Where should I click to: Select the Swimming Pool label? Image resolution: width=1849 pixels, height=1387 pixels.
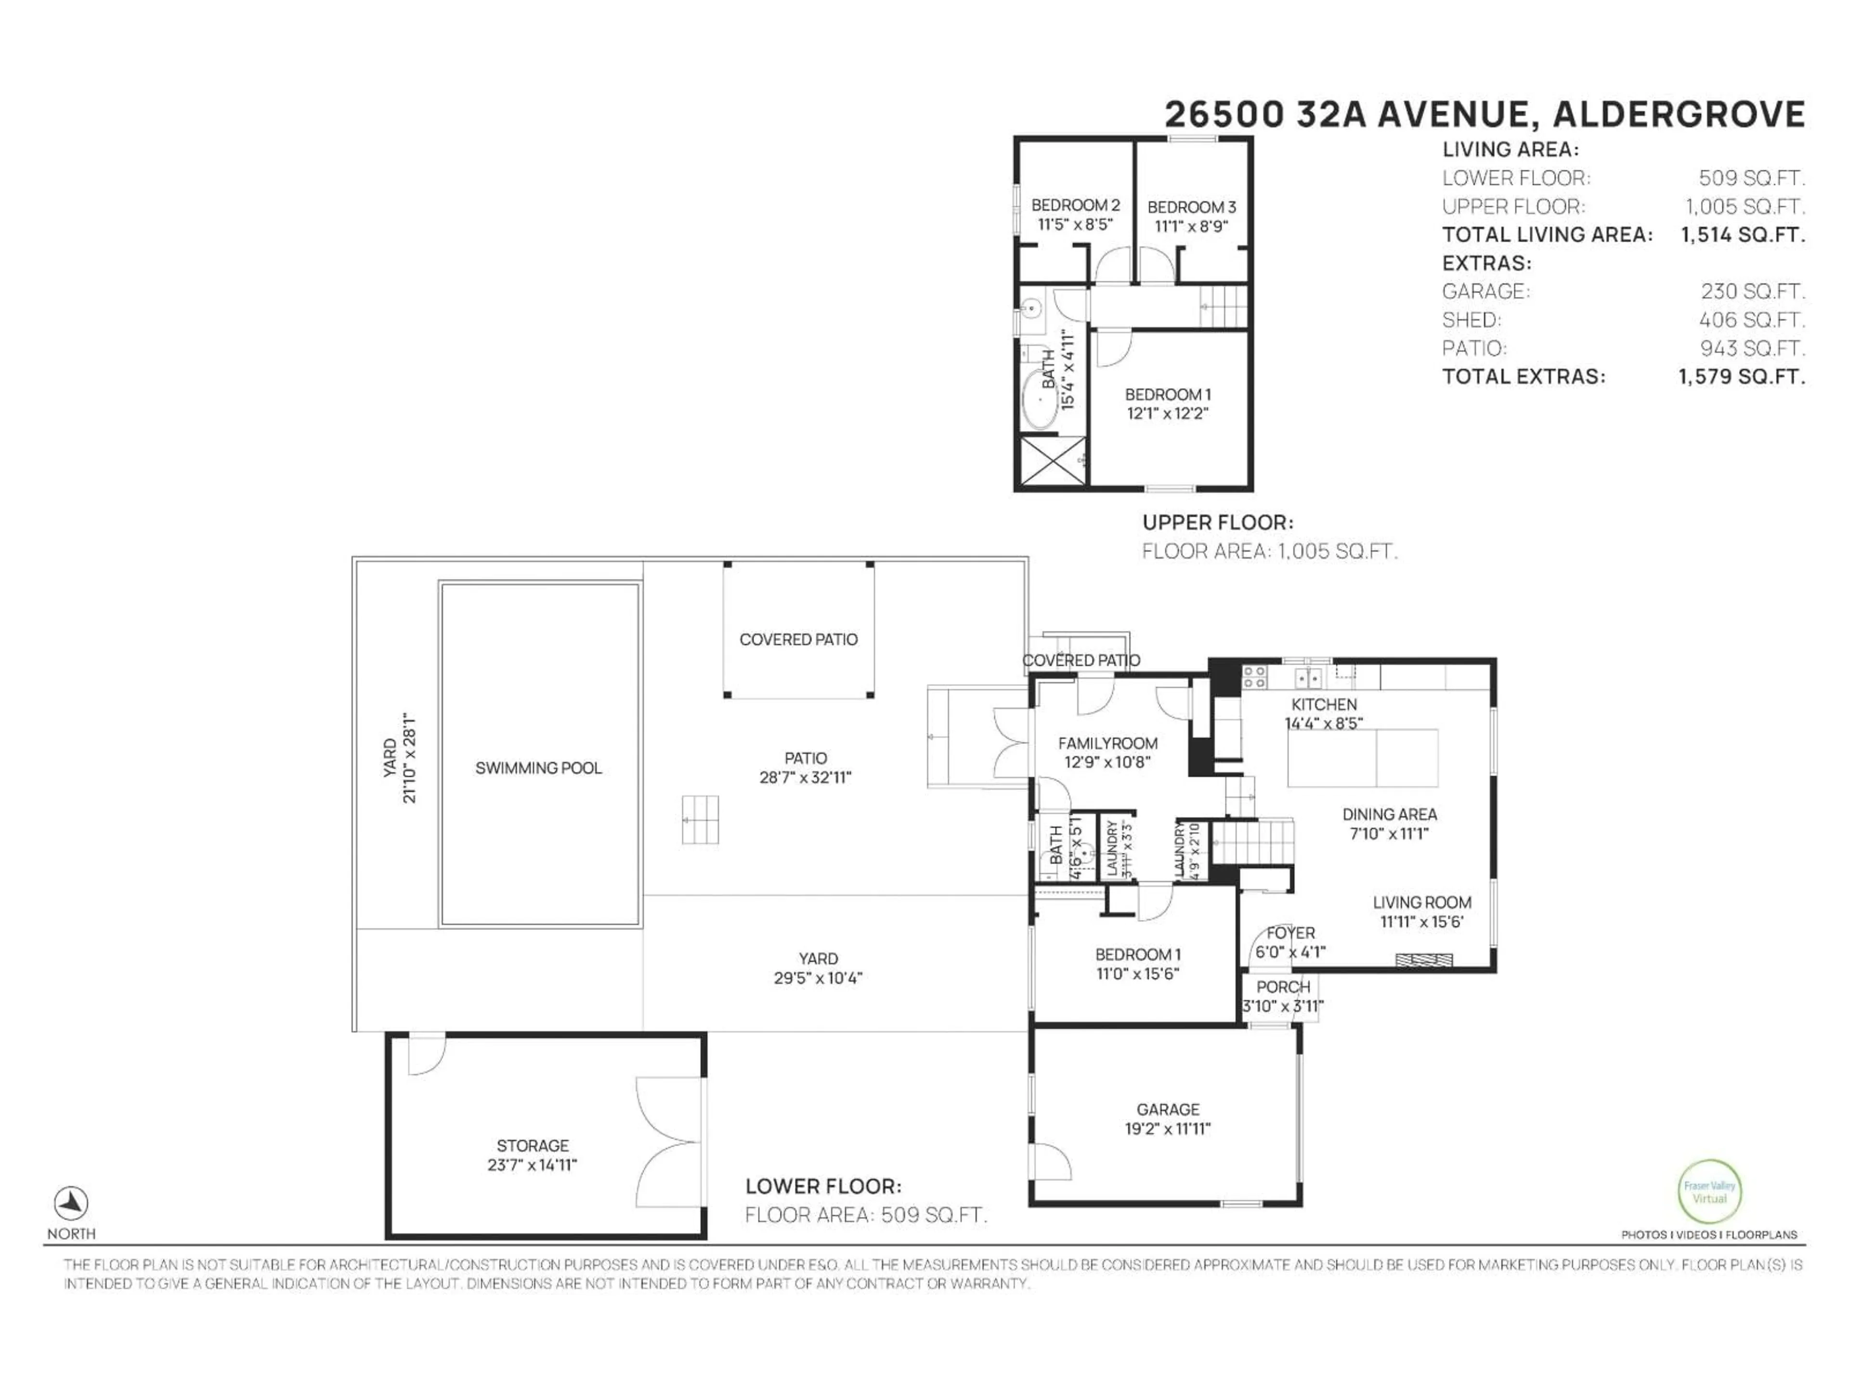point(538,768)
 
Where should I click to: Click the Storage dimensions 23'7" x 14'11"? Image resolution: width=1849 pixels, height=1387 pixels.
point(533,1165)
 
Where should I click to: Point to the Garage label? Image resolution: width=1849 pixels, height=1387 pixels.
point(1168,1110)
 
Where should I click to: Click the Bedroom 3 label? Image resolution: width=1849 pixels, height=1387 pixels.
point(1191,207)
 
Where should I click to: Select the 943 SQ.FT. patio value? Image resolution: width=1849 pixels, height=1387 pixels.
point(1752,348)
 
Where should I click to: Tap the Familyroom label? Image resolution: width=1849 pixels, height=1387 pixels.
point(1107,743)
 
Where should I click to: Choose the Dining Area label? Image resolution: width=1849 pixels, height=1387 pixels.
point(1389,813)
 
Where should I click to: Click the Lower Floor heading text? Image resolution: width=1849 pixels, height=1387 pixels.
point(822,1186)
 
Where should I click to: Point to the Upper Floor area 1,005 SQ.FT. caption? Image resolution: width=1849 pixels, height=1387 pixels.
point(1269,551)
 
